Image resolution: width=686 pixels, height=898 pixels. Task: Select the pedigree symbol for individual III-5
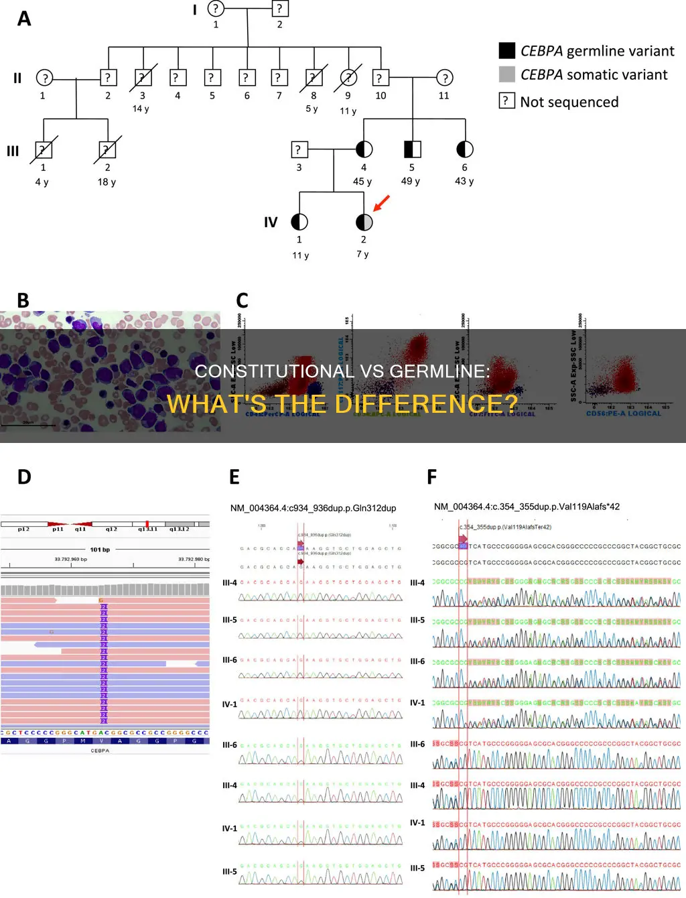(412, 149)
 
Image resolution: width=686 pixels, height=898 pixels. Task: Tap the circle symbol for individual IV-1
(299, 222)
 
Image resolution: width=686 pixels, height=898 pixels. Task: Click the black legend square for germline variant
(507, 51)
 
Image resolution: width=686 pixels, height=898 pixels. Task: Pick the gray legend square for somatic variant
(507, 74)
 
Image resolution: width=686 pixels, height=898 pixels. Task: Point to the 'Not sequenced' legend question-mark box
(507, 101)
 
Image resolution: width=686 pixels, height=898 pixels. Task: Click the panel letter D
(24, 477)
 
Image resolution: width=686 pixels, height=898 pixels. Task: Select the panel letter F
(432, 477)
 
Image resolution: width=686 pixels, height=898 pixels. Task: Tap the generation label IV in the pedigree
(271, 222)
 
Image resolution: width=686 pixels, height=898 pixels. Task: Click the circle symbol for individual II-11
(444, 78)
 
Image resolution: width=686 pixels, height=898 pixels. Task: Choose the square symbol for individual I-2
(279, 9)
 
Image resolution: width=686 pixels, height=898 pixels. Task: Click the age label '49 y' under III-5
(410, 181)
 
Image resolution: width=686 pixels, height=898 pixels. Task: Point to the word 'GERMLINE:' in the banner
(439, 371)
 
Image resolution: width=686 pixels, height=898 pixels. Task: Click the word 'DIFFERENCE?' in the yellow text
(426, 404)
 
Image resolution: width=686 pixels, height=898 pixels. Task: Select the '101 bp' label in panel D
(100, 550)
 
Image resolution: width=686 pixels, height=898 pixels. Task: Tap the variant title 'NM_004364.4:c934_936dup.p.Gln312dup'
(313, 508)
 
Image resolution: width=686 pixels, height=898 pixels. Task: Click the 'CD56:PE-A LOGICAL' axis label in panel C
(623, 413)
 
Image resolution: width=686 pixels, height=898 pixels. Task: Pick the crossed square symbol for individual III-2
(107, 149)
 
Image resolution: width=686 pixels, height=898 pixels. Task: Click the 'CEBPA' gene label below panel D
(100, 751)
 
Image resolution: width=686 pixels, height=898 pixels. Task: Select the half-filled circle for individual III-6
(464, 149)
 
